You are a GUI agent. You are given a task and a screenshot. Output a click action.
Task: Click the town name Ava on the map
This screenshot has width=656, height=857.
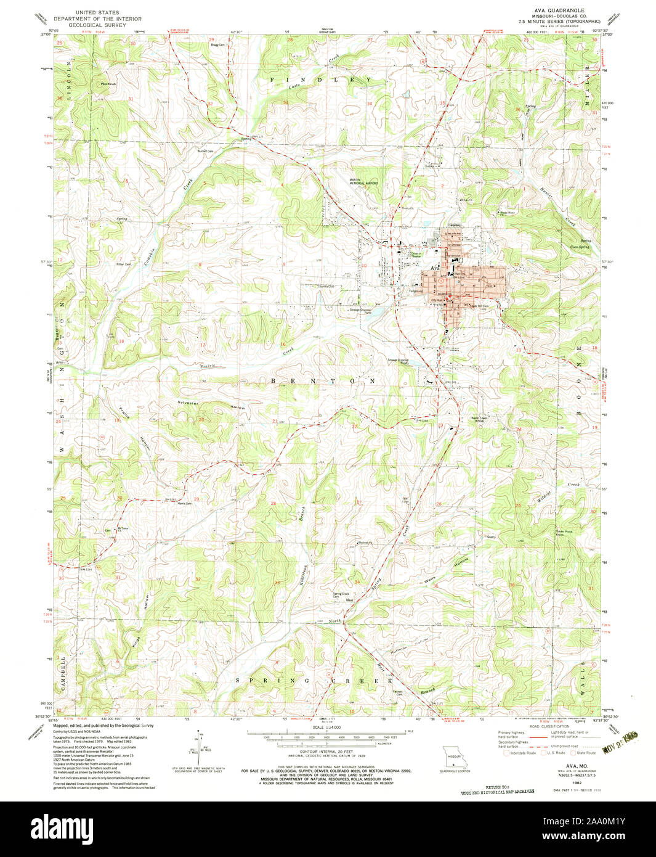pyautogui.click(x=434, y=269)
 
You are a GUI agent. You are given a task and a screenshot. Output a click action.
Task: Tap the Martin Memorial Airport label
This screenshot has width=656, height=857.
pyautogui.click(x=362, y=181)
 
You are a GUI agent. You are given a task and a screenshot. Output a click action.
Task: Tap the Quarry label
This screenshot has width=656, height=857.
pyautogui.click(x=491, y=537)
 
